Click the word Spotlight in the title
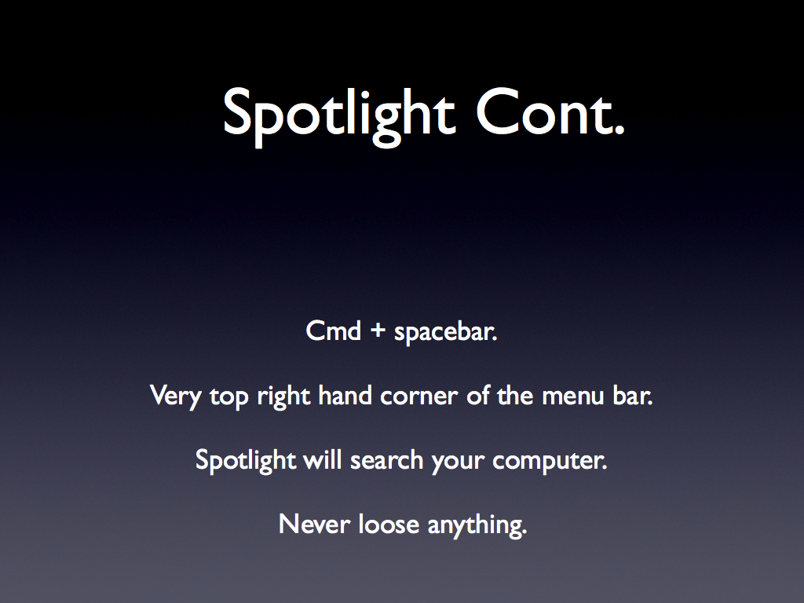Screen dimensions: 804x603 pos(339,116)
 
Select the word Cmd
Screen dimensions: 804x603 pos(333,331)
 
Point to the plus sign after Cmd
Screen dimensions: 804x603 pos(378,331)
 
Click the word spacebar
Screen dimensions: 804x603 pos(446,332)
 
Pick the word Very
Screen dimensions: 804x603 pos(175,397)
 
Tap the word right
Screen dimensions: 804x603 pos(283,397)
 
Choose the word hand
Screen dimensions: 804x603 pos(345,396)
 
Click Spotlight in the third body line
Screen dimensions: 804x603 pos(246,460)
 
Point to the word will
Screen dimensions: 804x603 pos(323,459)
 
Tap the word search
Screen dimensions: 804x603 pos(386,459)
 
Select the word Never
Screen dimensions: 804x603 pos(314,524)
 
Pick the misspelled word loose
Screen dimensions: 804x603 pos(389,524)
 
